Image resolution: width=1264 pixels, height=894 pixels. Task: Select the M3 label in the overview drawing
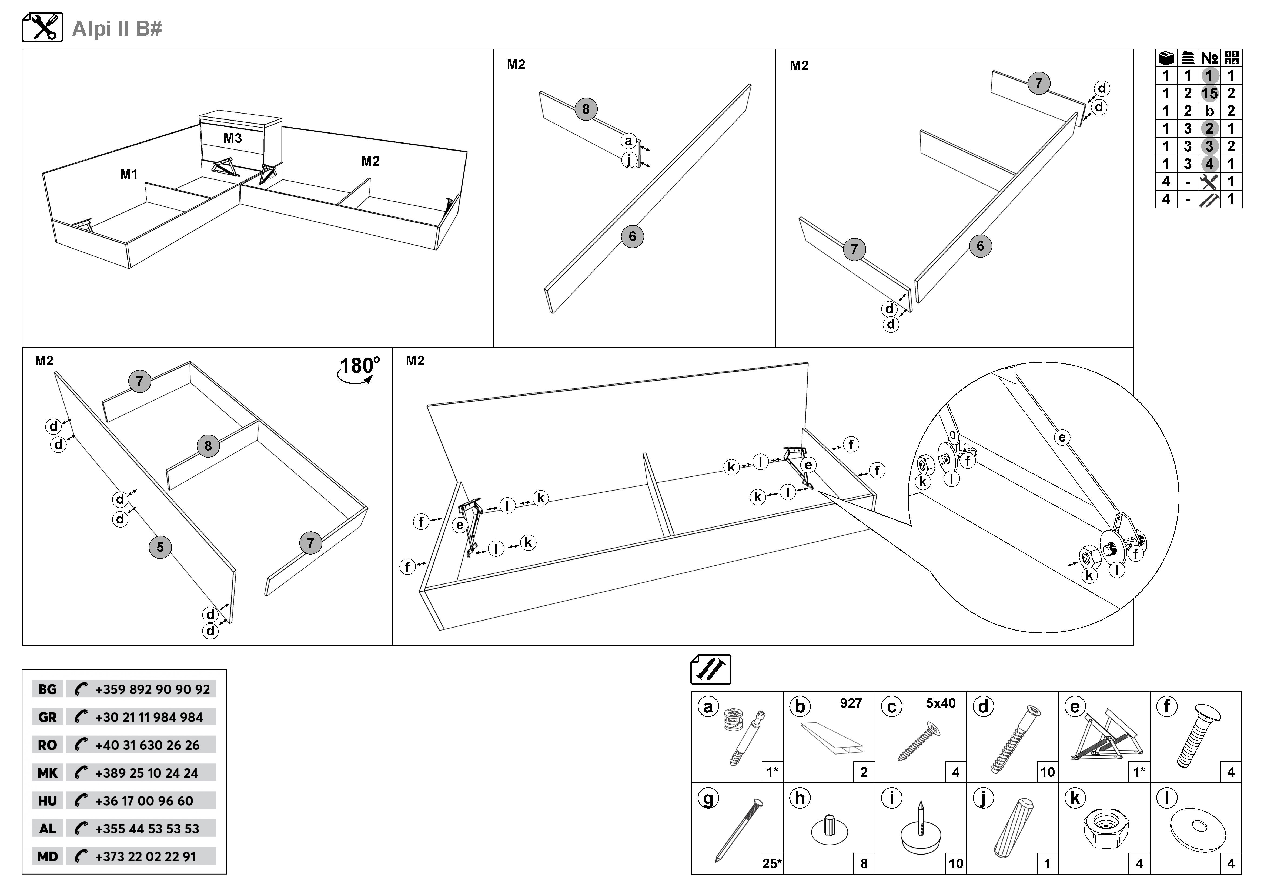point(232,138)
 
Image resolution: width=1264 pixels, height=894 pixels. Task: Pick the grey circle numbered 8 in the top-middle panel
point(586,109)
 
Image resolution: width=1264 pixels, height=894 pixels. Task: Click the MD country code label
point(47,856)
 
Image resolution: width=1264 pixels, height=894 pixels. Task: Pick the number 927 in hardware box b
point(851,703)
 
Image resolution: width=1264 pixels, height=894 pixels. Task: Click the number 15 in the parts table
point(1209,93)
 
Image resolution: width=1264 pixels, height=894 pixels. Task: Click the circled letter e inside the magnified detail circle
point(1062,438)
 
